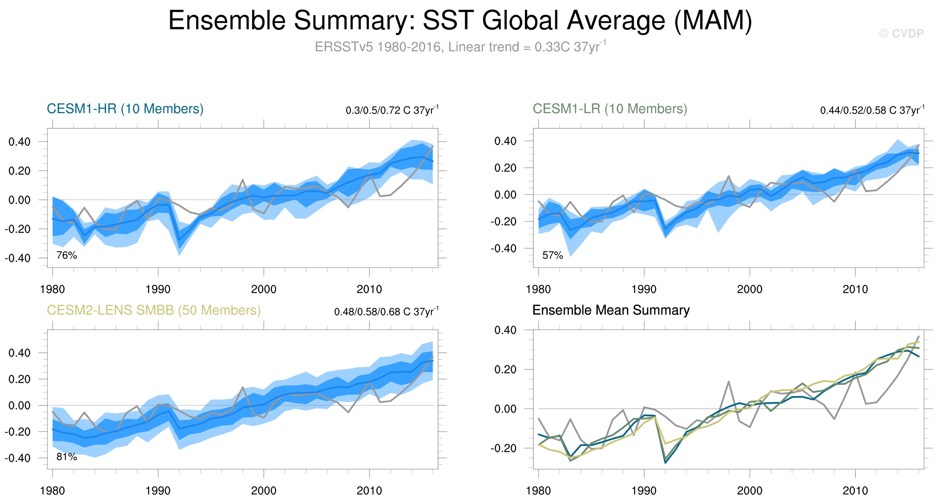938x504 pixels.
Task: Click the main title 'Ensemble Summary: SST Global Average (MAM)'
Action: pos(460,20)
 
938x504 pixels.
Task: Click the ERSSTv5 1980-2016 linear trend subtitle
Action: pos(460,47)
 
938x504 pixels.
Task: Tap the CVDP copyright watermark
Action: pos(901,33)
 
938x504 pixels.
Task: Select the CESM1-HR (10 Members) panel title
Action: pos(125,109)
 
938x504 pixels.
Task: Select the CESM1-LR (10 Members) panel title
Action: pos(610,109)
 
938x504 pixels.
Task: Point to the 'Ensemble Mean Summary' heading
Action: pos(611,310)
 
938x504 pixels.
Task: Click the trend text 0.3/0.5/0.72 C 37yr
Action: pos(392,110)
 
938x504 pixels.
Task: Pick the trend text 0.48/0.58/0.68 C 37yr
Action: pos(386,312)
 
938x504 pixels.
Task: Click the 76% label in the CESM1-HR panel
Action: pos(67,255)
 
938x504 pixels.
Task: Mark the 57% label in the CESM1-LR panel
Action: pos(552,255)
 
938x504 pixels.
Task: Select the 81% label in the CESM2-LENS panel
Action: pos(67,457)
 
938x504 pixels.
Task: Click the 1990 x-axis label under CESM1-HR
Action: pos(158,289)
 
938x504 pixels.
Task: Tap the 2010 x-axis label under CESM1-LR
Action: pos(855,289)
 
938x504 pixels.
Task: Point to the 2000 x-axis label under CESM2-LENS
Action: pos(264,491)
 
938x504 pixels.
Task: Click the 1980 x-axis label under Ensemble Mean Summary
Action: pos(538,491)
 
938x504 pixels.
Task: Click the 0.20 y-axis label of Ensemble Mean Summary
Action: pos(505,369)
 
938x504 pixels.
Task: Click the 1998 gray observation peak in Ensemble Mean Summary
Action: pos(729,381)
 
